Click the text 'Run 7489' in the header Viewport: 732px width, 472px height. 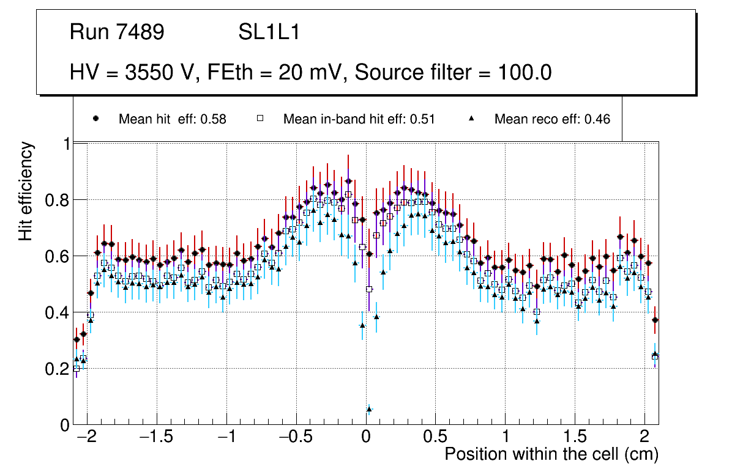coord(117,32)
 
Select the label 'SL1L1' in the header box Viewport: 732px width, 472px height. coord(269,32)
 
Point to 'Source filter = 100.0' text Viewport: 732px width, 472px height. coord(454,73)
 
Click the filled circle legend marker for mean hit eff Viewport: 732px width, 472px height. coord(95,119)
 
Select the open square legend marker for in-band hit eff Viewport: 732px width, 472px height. coord(260,119)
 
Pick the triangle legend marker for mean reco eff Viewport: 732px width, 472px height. coord(472,119)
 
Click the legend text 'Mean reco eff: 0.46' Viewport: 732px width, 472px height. coord(552,119)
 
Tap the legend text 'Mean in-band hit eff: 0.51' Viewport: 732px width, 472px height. coord(359,119)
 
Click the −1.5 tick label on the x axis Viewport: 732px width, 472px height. coord(157,438)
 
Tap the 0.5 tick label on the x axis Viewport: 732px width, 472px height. coord(436,438)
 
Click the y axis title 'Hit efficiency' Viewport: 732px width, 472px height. coord(26,191)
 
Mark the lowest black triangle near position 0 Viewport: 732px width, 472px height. coord(369,408)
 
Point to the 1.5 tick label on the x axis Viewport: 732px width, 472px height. coord(575,438)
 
